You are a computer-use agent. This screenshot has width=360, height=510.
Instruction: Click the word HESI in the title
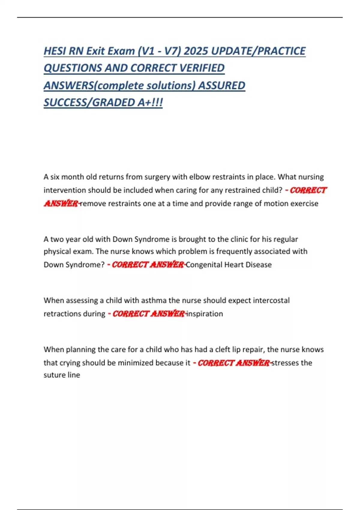[x=55, y=51]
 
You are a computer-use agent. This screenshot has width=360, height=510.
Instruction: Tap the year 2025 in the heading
[x=196, y=51]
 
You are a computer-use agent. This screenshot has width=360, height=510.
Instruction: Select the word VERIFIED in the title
[x=202, y=68]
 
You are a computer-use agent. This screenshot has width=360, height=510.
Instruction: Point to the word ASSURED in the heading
[x=222, y=85]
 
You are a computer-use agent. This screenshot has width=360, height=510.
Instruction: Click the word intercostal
[x=271, y=300]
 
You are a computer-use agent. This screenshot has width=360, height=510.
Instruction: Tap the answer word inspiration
[x=205, y=314]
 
